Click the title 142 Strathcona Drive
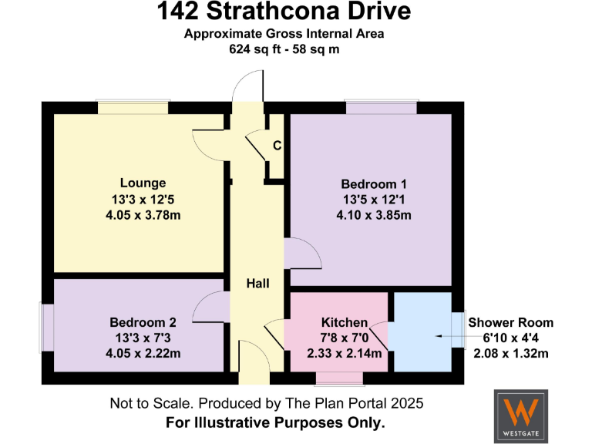tap(284, 12)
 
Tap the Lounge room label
tap(143, 183)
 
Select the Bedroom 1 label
tap(373, 184)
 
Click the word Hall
tap(257, 284)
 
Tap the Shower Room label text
tap(510, 323)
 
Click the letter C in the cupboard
tap(276, 146)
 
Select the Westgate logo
tap(521, 415)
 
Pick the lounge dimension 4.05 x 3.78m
tap(143, 214)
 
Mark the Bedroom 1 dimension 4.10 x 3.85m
tap(373, 215)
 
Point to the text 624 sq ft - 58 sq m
tap(284, 49)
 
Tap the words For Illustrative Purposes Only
tap(276, 422)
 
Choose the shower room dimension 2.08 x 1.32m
tap(510, 354)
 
